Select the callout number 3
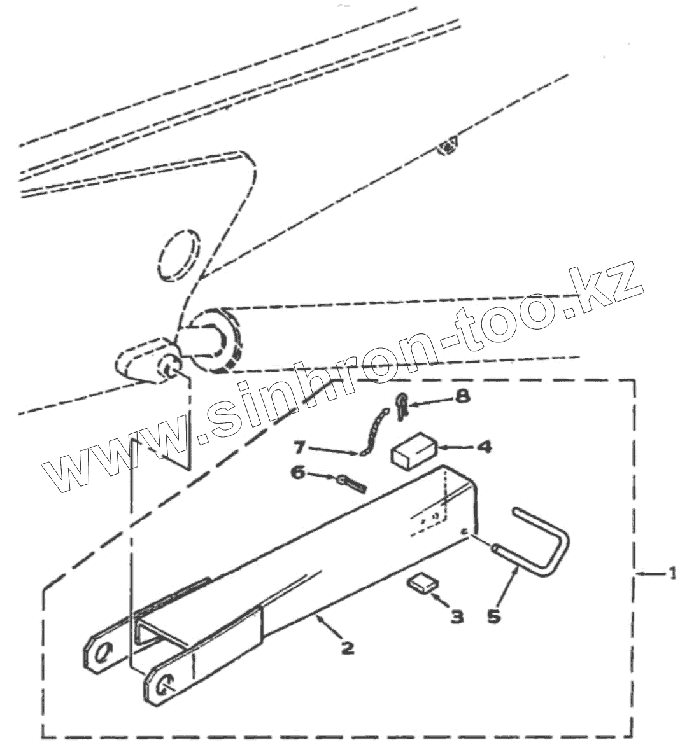coord(457,616)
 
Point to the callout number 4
coord(484,447)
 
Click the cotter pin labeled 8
coord(401,406)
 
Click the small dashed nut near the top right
coord(448,148)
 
